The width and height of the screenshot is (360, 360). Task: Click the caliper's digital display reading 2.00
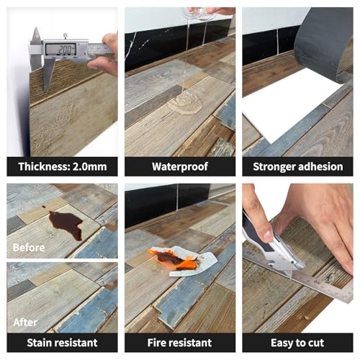60,50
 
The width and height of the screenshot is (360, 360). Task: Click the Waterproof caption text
180,166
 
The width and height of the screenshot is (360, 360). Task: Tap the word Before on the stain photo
29,248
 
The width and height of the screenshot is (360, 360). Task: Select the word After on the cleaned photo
25,323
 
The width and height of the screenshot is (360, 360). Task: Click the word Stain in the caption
40,343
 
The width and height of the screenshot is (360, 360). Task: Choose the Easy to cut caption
297,343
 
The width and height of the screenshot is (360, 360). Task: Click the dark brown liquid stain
66,225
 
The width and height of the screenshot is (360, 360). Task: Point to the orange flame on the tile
178,260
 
